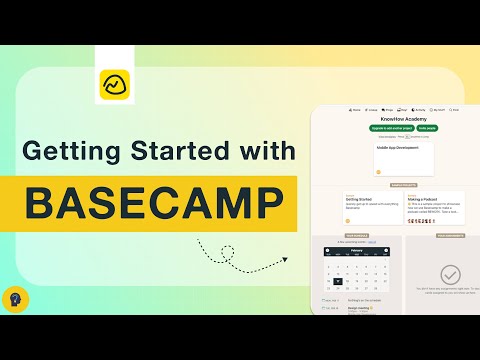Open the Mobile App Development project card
point(403,160)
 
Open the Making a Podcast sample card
point(434,204)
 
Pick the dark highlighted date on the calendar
point(339,282)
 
